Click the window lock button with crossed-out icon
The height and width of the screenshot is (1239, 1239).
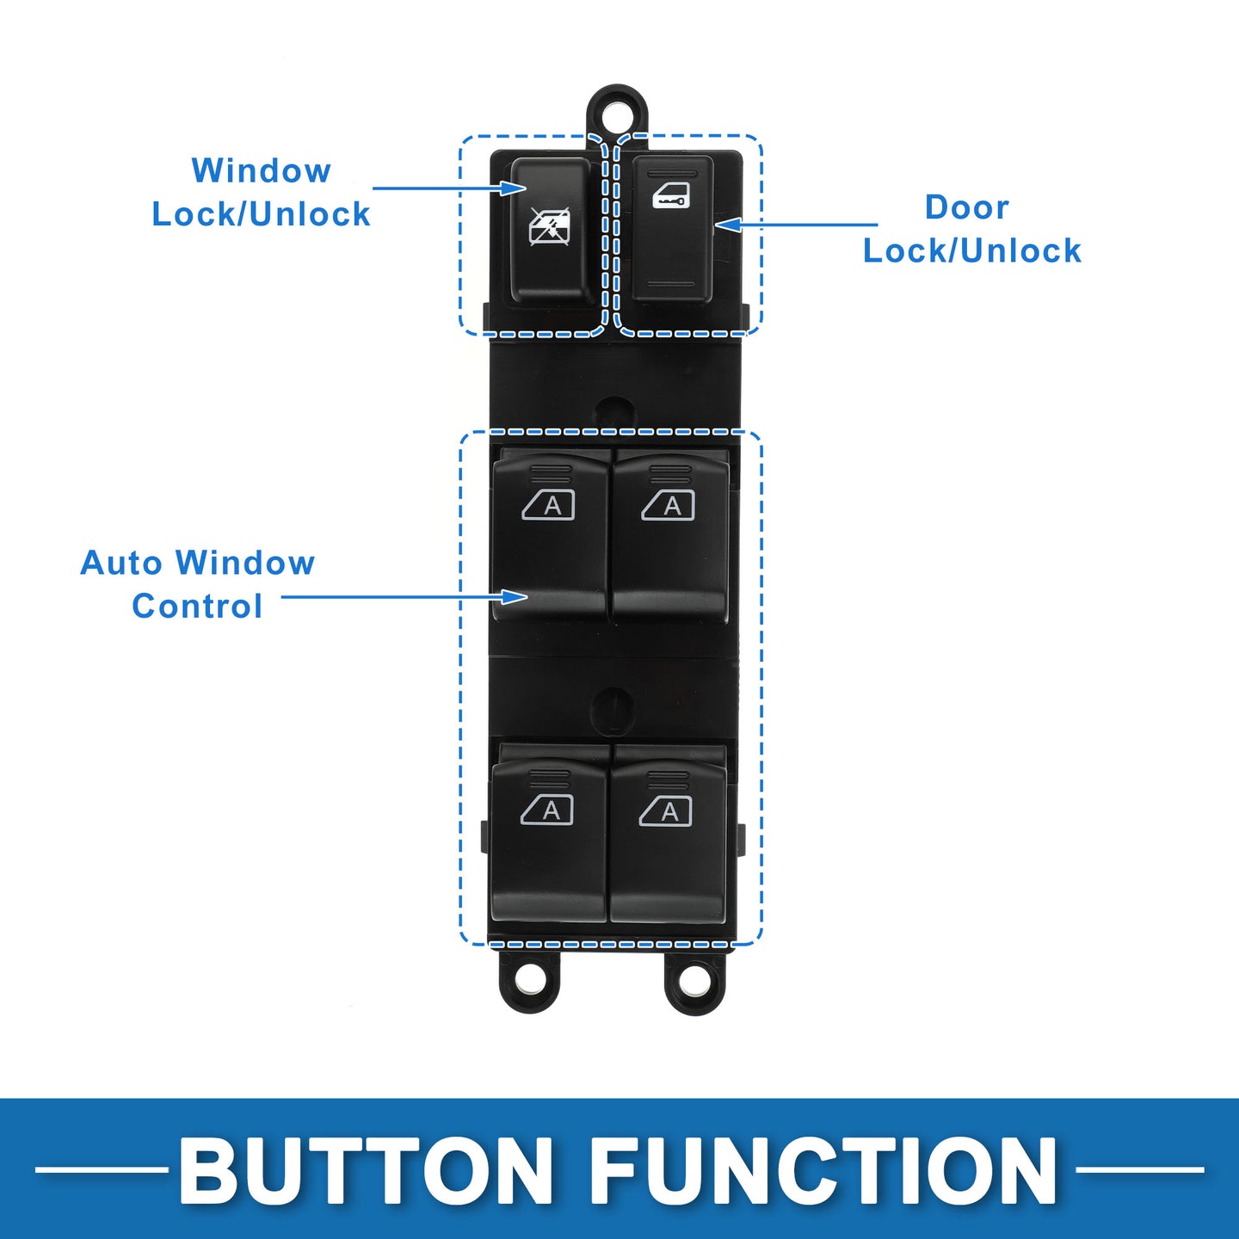pyautogui.click(x=552, y=231)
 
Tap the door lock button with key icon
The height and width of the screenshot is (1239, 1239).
pyautogui.click(x=673, y=229)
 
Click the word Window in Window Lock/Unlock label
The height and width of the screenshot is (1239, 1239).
pyautogui.click(x=261, y=171)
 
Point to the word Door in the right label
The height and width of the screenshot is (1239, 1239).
pyautogui.click(x=966, y=207)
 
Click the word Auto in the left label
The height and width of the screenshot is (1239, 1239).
pyautogui.click(x=121, y=564)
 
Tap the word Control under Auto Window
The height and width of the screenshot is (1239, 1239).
pyautogui.click(x=197, y=607)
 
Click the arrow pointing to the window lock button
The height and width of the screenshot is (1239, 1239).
pyautogui.click(x=450, y=188)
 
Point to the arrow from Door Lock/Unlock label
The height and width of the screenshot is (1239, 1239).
pyautogui.click(x=796, y=225)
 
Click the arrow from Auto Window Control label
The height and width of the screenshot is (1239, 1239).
pyautogui.click(x=404, y=596)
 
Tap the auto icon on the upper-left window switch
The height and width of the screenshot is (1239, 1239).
pyautogui.click(x=548, y=505)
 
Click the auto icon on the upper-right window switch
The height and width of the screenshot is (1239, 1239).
pyautogui.click(x=668, y=505)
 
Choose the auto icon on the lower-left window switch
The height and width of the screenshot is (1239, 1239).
pyautogui.click(x=547, y=811)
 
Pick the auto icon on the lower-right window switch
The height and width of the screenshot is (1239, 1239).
pyautogui.click(x=665, y=811)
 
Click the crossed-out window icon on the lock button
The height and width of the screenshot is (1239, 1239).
pyautogui.click(x=549, y=227)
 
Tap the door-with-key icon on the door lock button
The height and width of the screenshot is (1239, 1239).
pyautogui.click(x=670, y=195)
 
